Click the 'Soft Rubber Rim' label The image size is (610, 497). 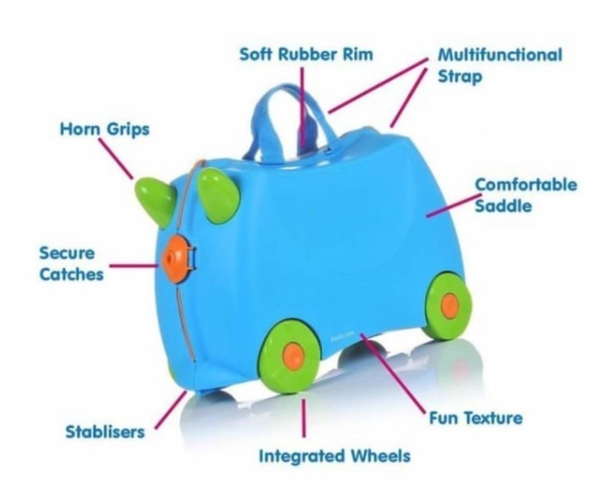coord(307,55)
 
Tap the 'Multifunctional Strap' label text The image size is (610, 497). coord(500,65)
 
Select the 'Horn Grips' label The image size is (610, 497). coord(104,130)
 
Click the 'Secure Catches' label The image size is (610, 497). coord(71,263)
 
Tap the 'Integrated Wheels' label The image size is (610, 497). coord(334,456)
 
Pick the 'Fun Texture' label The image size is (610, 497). coord(473,418)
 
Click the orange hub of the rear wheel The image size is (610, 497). coord(450,306)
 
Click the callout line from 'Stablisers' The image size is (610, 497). coord(170,409)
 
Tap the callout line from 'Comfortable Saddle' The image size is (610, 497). coord(449,206)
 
